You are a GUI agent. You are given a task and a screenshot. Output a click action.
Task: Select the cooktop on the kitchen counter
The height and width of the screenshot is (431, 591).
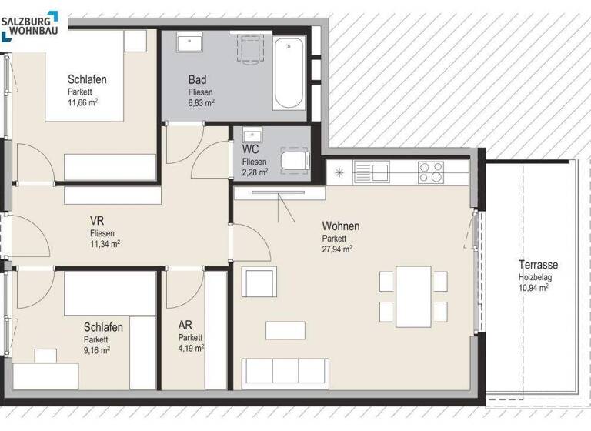pyautogui.click(x=431, y=172)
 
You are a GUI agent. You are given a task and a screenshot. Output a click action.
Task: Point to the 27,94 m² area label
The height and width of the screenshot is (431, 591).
pyautogui.click(x=337, y=249)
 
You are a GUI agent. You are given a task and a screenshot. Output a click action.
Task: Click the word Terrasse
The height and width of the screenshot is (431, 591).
pyautogui.click(x=537, y=265)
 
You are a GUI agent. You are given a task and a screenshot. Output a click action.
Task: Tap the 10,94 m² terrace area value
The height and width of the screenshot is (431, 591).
pyautogui.click(x=533, y=287)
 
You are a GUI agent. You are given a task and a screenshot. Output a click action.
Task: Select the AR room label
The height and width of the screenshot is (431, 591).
pyautogui.click(x=185, y=326)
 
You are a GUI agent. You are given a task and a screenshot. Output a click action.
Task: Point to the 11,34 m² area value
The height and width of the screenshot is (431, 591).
pyautogui.click(x=105, y=243)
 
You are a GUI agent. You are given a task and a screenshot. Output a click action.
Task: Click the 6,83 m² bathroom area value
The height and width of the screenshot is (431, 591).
pyautogui.click(x=201, y=102)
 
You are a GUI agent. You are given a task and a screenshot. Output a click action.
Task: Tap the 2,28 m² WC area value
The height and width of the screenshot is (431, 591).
pyautogui.click(x=255, y=172)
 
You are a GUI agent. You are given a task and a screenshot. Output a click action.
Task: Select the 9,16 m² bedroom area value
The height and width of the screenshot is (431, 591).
pyautogui.click(x=97, y=350)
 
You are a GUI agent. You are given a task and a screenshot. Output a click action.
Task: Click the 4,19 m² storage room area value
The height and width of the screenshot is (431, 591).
pyautogui.click(x=190, y=349)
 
